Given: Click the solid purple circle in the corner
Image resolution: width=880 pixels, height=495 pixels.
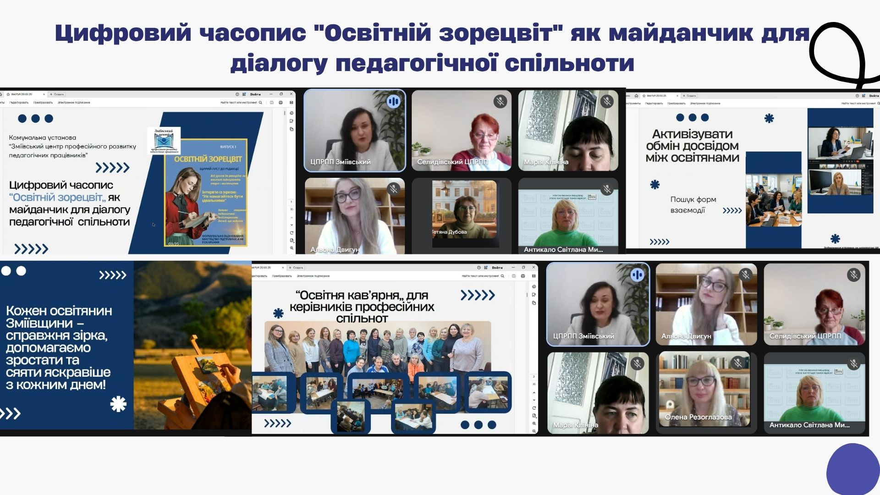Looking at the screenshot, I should point(853,470).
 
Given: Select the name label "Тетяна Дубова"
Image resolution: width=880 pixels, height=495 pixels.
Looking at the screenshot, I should point(449,232).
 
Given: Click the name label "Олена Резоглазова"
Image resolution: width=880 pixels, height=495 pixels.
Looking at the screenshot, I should point(698,417).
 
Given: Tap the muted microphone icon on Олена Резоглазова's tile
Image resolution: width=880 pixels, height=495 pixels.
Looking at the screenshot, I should point(738,363).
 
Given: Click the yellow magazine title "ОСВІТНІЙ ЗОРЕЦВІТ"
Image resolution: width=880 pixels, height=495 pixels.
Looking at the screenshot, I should point(208,159).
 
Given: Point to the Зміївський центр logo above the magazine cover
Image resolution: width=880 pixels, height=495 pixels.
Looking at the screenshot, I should point(166,140).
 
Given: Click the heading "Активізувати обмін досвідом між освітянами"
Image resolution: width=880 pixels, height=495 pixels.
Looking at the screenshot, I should point(692,146).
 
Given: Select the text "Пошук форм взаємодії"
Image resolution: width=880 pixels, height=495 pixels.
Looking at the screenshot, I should point(693,205).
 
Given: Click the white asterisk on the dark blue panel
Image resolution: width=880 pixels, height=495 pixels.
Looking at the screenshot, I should point(118,404).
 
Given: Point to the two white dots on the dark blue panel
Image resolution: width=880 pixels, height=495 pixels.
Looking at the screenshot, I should point(14,271).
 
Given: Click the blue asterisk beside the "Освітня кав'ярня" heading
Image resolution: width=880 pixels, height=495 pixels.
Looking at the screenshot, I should point(278,313).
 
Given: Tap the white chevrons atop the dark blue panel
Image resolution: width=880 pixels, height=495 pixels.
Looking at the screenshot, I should point(112,275).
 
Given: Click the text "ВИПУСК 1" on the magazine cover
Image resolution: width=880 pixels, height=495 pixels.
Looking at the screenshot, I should point(228,147).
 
